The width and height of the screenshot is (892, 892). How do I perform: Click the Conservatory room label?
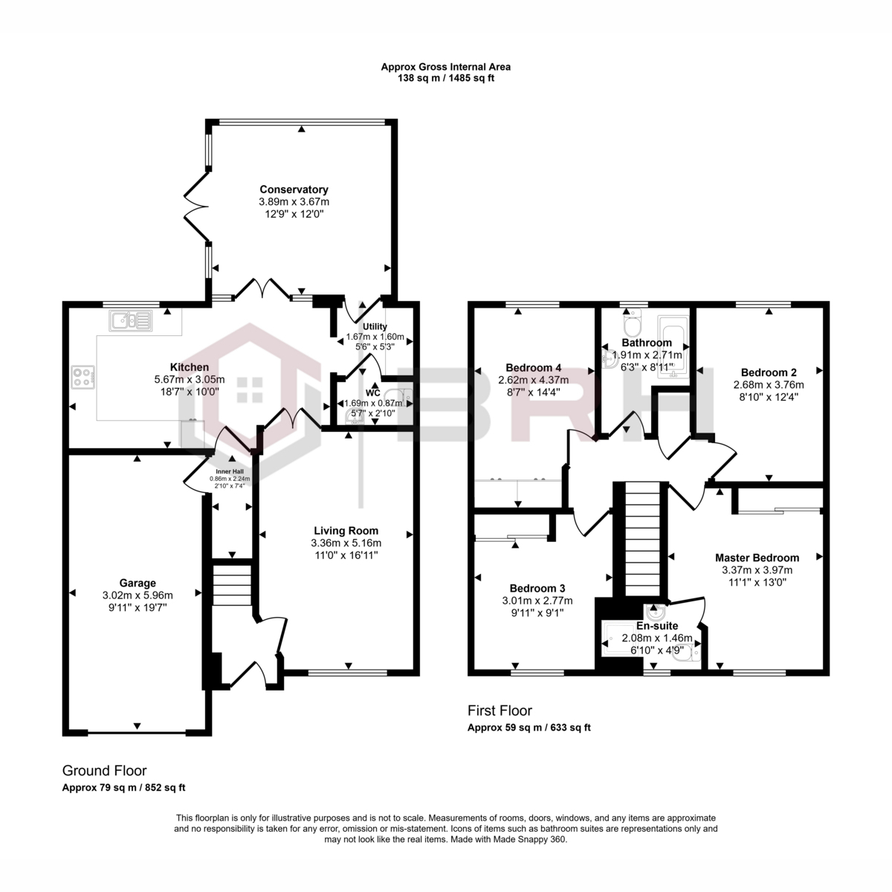coord(294,190)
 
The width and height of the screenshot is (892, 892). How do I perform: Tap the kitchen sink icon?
coord(130,320)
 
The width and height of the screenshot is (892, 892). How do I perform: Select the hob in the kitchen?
coord(83,377)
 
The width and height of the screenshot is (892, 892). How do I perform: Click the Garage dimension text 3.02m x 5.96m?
coord(138,595)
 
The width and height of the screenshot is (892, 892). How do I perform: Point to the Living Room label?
coord(346,531)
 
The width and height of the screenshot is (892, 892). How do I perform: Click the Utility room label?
coord(375,326)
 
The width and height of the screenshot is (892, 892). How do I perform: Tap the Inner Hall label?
coord(230,472)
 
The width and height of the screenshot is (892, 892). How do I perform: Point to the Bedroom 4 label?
coord(533,367)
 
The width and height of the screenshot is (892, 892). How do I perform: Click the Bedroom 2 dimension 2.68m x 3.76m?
coord(769,384)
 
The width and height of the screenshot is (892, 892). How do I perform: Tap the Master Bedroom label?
coord(757,557)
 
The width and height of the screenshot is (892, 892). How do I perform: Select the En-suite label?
coord(657,626)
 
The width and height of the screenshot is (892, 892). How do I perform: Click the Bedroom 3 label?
coord(537,588)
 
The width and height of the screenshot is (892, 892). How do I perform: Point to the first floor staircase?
coord(642,539)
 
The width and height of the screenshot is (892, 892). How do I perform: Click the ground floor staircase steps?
coord(232,585)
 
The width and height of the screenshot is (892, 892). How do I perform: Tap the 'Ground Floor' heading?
coord(105,770)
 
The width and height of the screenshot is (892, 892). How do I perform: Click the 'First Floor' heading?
coord(500,710)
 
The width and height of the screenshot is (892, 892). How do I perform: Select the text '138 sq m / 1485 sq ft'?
coord(446,78)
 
